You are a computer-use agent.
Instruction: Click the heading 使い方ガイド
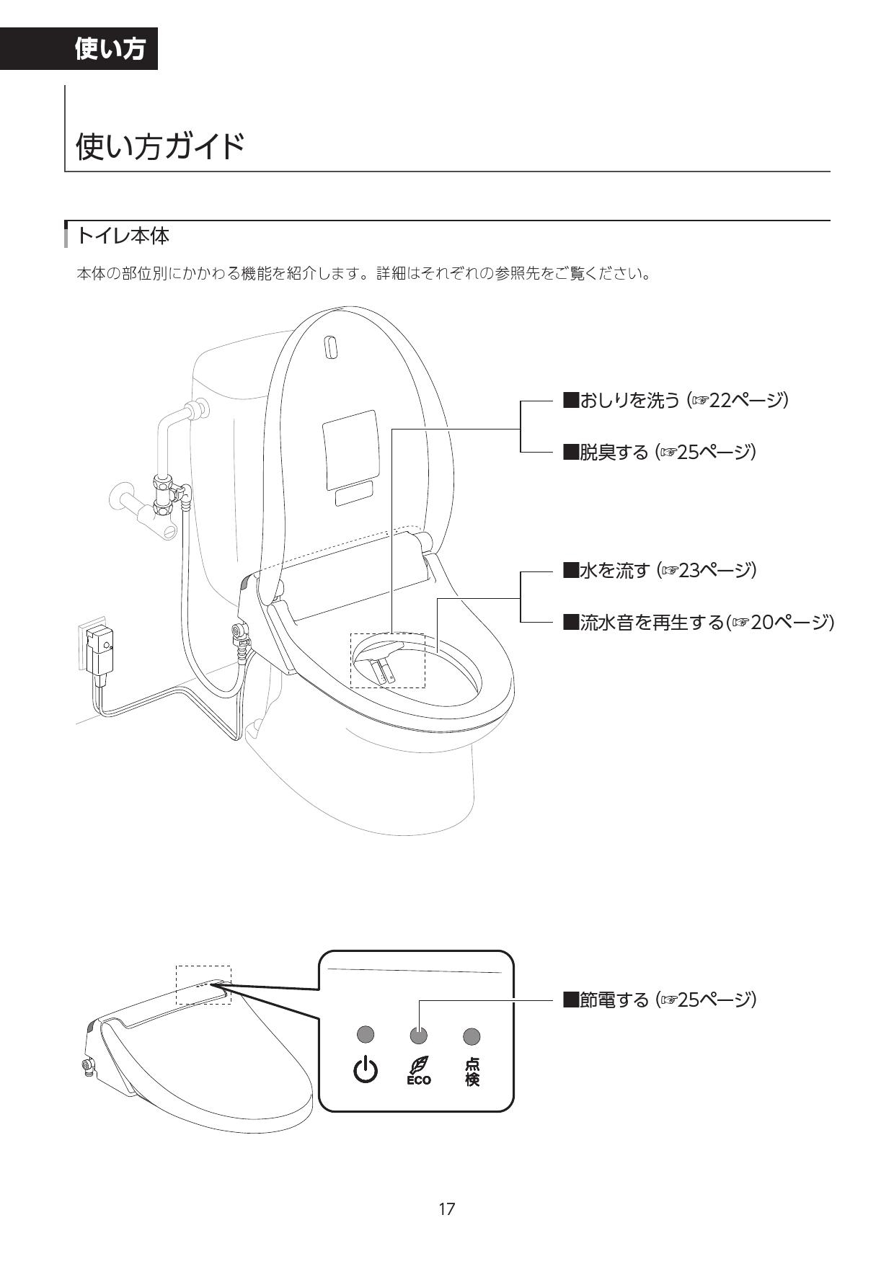pyautogui.click(x=160, y=146)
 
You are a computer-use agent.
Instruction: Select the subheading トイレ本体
pyautogui.click(x=123, y=236)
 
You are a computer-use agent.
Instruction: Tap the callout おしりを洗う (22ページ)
pyautogui.click(x=675, y=400)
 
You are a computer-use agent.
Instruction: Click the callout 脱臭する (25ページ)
pyautogui.click(x=659, y=453)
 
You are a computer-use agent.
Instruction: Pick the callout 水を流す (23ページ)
pyautogui.click(x=659, y=571)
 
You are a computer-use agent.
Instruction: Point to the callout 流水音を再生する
pyautogui.click(x=697, y=622)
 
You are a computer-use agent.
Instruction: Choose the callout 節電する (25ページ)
pyautogui.click(x=659, y=1000)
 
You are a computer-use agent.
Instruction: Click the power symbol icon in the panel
pyautogui.click(x=366, y=1070)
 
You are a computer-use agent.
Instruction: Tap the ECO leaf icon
pyautogui.click(x=418, y=1070)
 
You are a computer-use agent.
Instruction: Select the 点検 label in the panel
pyautogui.click(x=472, y=1071)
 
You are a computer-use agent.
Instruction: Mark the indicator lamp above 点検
pyautogui.click(x=472, y=1036)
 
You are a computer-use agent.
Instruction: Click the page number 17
pyautogui.click(x=447, y=1209)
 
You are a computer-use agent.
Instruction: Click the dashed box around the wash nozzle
pyautogui.click(x=388, y=660)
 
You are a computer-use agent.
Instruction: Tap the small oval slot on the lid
pyautogui.click(x=331, y=347)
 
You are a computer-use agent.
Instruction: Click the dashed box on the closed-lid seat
pyautogui.click(x=204, y=985)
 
